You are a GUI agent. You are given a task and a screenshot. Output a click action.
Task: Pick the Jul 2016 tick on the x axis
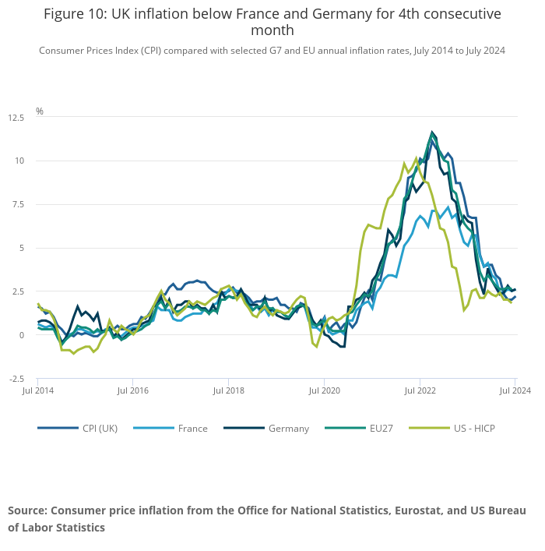point(132,389)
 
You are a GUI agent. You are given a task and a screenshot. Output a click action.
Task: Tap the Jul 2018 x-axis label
point(228,389)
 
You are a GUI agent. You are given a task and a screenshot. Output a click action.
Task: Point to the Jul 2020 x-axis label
point(324,389)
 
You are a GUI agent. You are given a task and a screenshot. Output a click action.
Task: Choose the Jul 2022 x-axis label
point(420,389)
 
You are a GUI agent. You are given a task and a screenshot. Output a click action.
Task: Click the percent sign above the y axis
point(40,111)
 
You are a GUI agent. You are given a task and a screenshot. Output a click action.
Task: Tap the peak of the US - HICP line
point(417,158)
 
